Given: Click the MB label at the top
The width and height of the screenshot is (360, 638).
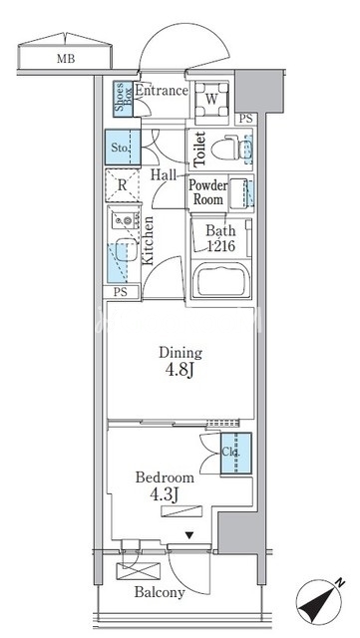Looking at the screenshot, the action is pyautogui.click(x=66, y=59).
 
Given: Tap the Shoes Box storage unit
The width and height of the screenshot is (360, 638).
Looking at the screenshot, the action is pyautogui.click(x=123, y=100).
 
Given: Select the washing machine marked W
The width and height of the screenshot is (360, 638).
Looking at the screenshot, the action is pyautogui.click(x=211, y=100).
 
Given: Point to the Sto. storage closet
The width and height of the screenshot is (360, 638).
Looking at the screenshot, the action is pyautogui.click(x=123, y=148).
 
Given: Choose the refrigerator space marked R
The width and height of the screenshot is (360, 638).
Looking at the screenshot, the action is pyautogui.click(x=123, y=185).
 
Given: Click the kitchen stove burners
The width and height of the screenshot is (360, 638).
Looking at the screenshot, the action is pyautogui.click(x=125, y=221).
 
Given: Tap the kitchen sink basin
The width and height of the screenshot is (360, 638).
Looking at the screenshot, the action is pyautogui.click(x=127, y=250).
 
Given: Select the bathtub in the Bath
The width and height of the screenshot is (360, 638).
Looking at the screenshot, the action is pyautogui.click(x=222, y=280).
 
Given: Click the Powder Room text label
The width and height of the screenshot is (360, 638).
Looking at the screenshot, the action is pyautogui.click(x=207, y=192).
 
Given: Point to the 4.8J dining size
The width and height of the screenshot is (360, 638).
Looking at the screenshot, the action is pyautogui.click(x=180, y=371).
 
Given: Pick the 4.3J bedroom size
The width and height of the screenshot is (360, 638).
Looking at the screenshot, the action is pyautogui.click(x=166, y=495).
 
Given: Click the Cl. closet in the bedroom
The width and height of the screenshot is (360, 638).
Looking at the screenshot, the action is pyautogui.click(x=235, y=453).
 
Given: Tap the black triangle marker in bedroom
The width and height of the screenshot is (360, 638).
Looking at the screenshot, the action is pyautogui.click(x=188, y=536).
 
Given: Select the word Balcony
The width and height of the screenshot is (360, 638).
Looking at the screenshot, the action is pyautogui.click(x=160, y=592).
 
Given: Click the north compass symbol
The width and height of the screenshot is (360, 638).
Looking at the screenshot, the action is pyautogui.click(x=320, y=601).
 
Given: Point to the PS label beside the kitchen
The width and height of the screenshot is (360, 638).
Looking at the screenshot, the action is pyautogui.click(x=121, y=292).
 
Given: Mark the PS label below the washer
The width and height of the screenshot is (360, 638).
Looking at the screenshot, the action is pyautogui.click(x=245, y=119).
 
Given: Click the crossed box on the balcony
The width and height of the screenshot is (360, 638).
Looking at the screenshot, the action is pyautogui.click(x=139, y=571).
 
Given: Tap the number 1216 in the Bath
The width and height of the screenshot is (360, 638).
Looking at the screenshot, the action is pyautogui.click(x=220, y=246).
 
